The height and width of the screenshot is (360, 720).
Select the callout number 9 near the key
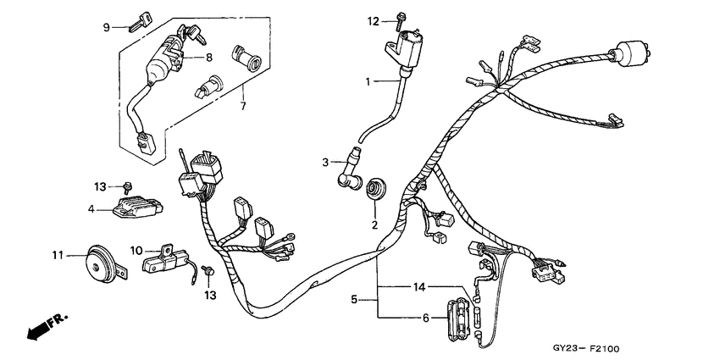tap(107, 27)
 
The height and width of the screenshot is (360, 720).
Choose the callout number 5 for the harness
tap(355, 299)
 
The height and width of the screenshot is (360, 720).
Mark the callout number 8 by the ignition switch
tap(208, 58)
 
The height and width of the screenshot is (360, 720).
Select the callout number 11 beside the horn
tap(58, 254)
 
